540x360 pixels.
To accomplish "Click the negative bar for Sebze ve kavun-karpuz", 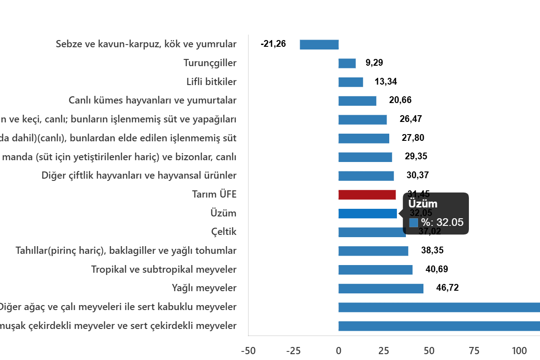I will (319, 45).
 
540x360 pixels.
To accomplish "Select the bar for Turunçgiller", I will (347, 63).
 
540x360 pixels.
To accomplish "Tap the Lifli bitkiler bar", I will (351, 82).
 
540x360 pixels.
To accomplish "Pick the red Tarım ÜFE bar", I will (367, 195).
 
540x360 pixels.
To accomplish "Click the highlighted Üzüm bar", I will (367, 214).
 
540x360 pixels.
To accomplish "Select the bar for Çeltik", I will (372, 232).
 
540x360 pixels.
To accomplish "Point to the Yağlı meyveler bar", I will (381, 288).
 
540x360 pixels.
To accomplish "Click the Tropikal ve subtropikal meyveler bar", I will (375, 270).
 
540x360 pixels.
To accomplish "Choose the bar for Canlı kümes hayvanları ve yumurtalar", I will (357, 101).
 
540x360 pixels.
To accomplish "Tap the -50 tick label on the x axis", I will (248, 351).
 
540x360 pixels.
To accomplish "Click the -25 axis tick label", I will (293, 351).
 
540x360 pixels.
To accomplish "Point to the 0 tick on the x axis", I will (338, 351).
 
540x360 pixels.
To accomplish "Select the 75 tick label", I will (473, 351).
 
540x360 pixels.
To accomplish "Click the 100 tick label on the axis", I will (518, 351).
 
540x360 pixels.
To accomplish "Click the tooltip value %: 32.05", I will (442, 222).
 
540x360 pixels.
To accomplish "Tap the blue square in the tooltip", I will (414, 223).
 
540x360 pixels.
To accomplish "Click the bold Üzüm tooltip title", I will (423, 204).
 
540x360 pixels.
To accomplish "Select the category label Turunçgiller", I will (210, 63).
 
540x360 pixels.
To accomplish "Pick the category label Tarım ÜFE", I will (214, 194).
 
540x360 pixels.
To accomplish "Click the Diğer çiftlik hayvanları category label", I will (139, 175).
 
